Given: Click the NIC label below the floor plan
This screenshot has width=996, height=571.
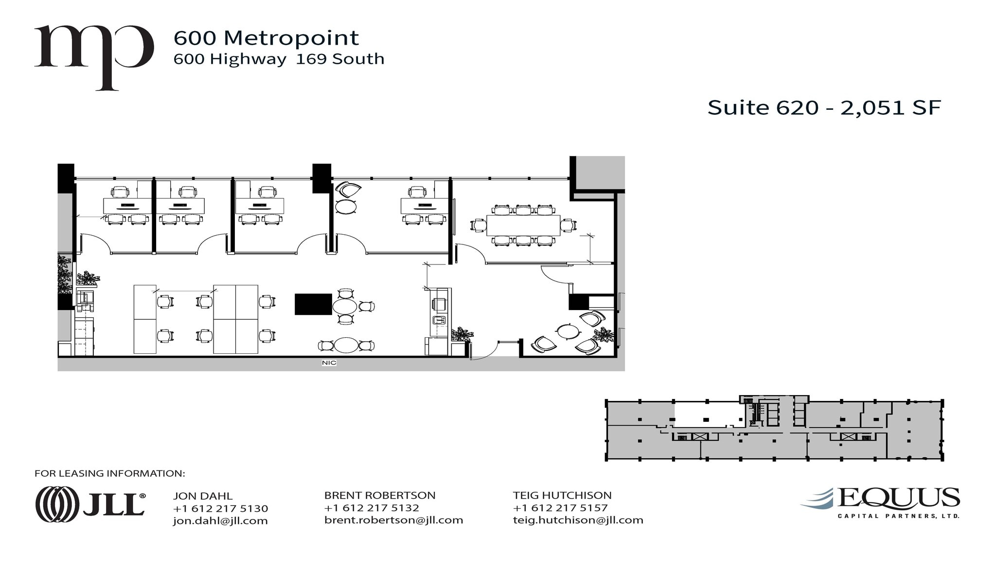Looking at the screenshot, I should click(x=329, y=363).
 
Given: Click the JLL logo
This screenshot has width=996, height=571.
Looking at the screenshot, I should click(x=90, y=504).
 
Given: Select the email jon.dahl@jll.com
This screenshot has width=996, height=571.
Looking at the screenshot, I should click(x=220, y=520).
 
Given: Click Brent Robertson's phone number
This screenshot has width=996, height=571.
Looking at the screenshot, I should click(x=372, y=508).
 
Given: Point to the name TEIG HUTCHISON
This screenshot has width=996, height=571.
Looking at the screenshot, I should click(x=562, y=495).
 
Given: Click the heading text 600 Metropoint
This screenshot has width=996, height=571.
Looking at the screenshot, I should click(x=266, y=38).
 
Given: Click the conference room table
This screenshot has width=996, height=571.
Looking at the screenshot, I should click(x=523, y=225).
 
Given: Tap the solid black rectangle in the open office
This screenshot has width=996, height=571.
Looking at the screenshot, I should click(x=313, y=304).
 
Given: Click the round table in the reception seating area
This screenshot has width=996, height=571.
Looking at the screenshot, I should click(x=568, y=332).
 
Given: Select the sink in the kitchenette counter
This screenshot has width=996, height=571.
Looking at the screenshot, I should click(x=439, y=320).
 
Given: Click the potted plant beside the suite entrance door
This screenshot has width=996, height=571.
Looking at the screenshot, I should click(x=461, y=334).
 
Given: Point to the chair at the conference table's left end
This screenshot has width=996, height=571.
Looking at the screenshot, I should click(x=479, y=225).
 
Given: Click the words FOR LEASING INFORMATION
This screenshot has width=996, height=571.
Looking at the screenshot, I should click(x=110, y=473).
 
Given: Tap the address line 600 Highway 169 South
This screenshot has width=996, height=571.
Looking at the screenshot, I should click(x=279, y=59).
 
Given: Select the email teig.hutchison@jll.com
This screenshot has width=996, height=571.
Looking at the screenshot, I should click(x=578, y=520).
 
